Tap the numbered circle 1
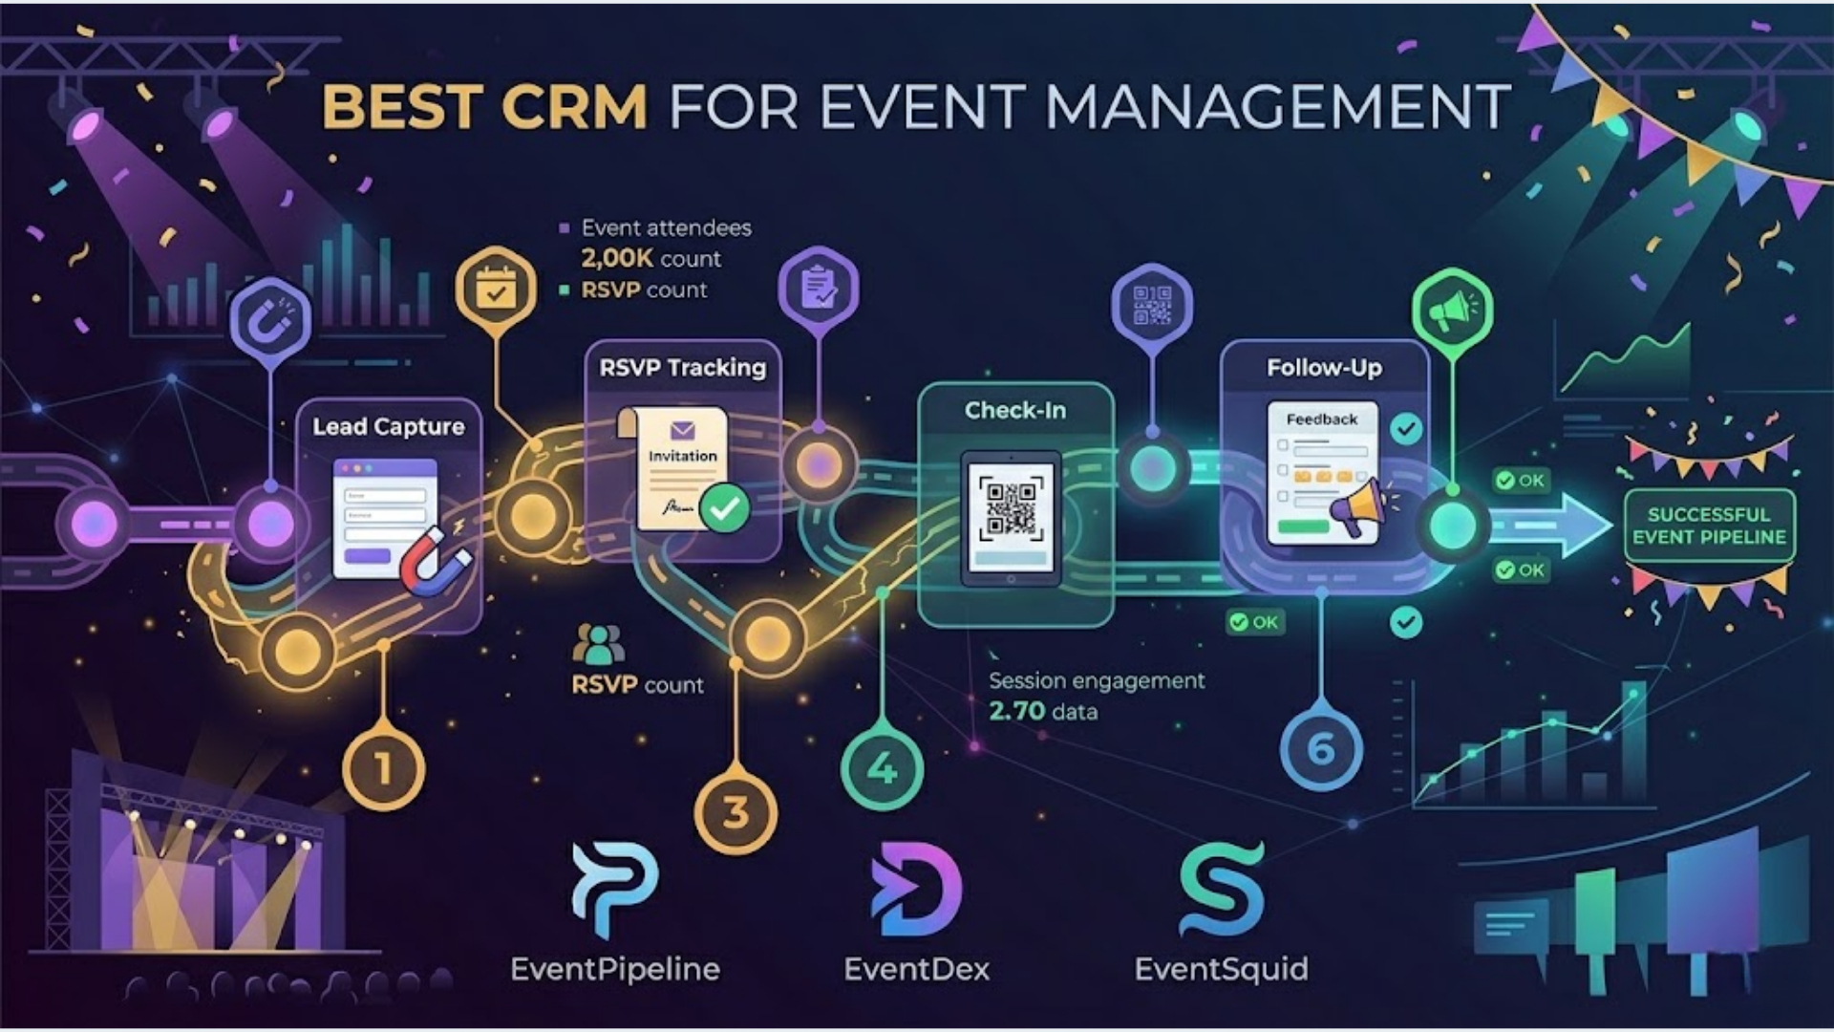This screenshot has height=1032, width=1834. (x=383, y=768)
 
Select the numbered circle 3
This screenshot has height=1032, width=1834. (x=736, y=813)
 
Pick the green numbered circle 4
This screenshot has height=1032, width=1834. (x=882, y=768)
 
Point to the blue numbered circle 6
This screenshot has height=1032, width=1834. (x=1321, y=749)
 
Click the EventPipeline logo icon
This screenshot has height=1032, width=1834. (x=614, y=890)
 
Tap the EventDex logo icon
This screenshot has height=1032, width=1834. (x=916, y=890)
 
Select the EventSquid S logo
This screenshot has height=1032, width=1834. (x=1222, y=890)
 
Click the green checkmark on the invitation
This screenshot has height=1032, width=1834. (x=724, y=507)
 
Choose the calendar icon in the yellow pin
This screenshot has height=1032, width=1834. (x=496, y=288)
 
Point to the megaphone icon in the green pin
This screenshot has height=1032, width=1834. (x=1452, y=309)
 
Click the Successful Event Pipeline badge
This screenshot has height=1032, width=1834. (x=1709, y=526)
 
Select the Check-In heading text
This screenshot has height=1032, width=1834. (x=1014, y=411)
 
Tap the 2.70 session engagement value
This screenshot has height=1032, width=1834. (x=1016, y=712)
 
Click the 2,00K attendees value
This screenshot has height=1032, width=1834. (x=617, y=259)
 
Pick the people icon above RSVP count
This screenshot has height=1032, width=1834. (x=598, y=644)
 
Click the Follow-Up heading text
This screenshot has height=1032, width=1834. (x=1324, y=368)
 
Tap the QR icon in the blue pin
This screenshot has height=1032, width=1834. (x=1152, y=305)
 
